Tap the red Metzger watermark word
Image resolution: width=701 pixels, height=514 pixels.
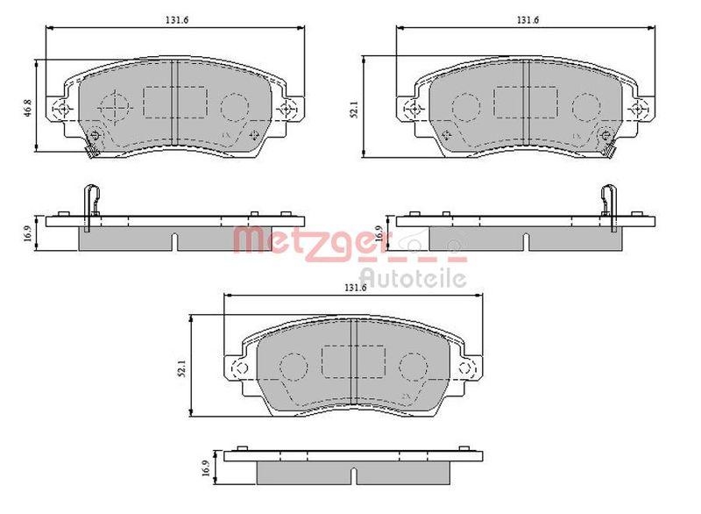coord(308,240)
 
